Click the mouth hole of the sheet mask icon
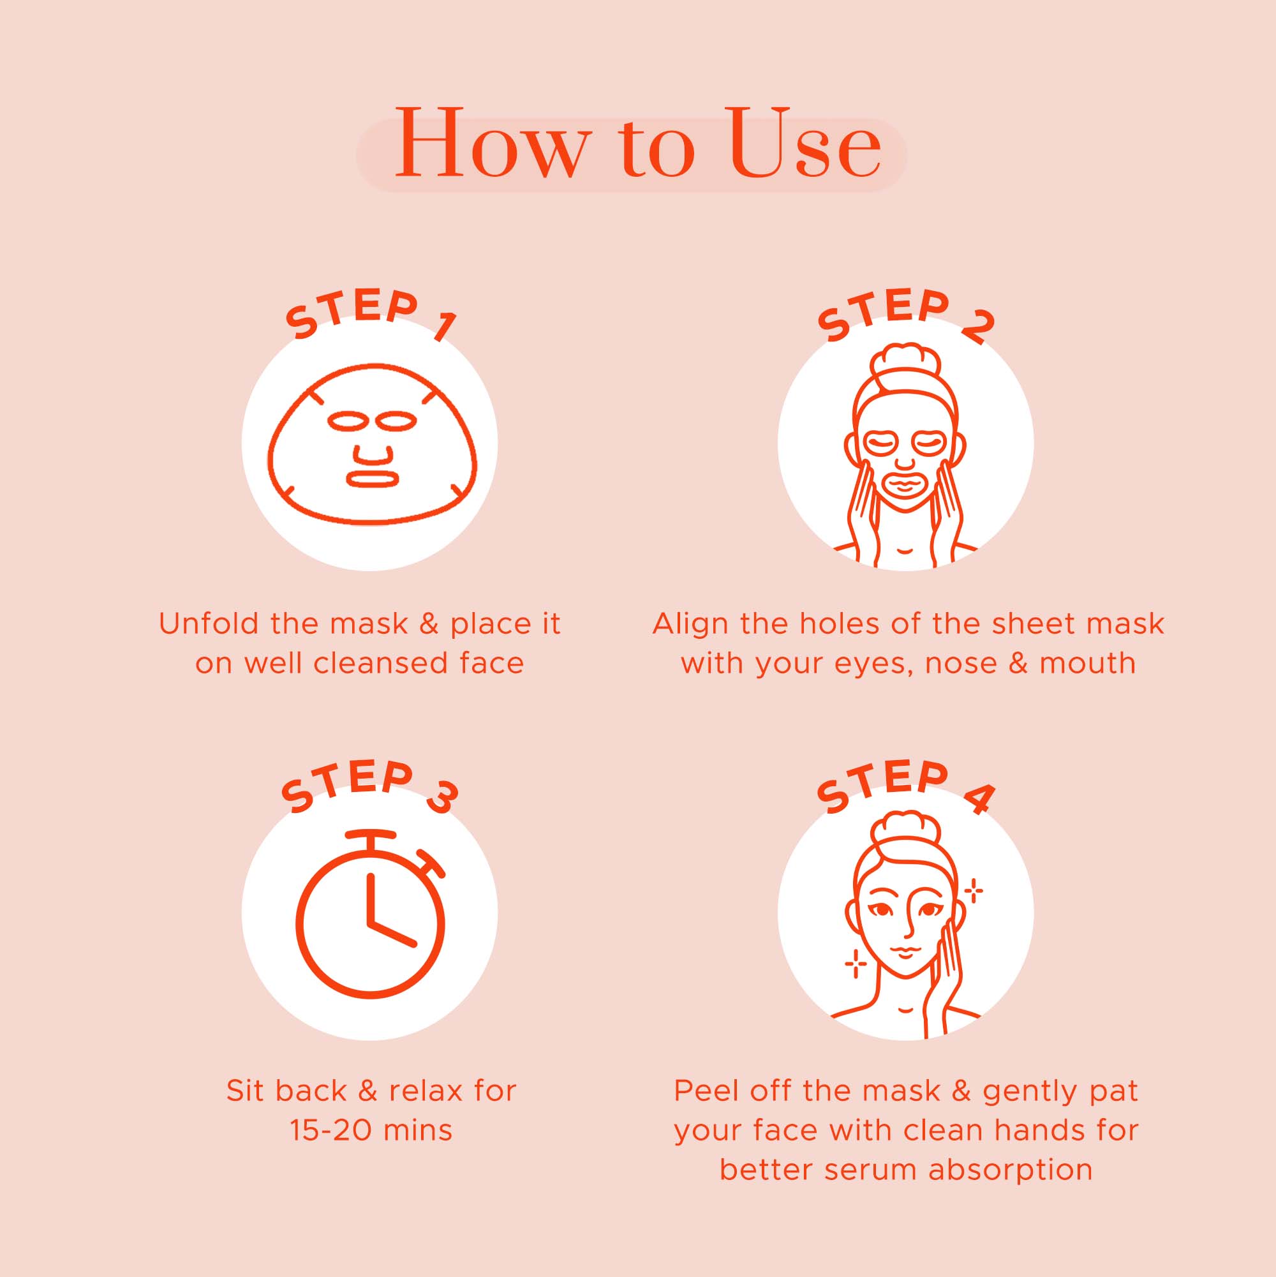tap(373, 478)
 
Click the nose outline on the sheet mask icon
tap(373, 455)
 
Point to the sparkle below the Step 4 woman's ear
tap(856, 964)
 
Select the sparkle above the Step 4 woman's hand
tap(974, 891)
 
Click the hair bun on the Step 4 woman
tap(905, 832)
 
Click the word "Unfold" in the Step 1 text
tap(208, 624)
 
